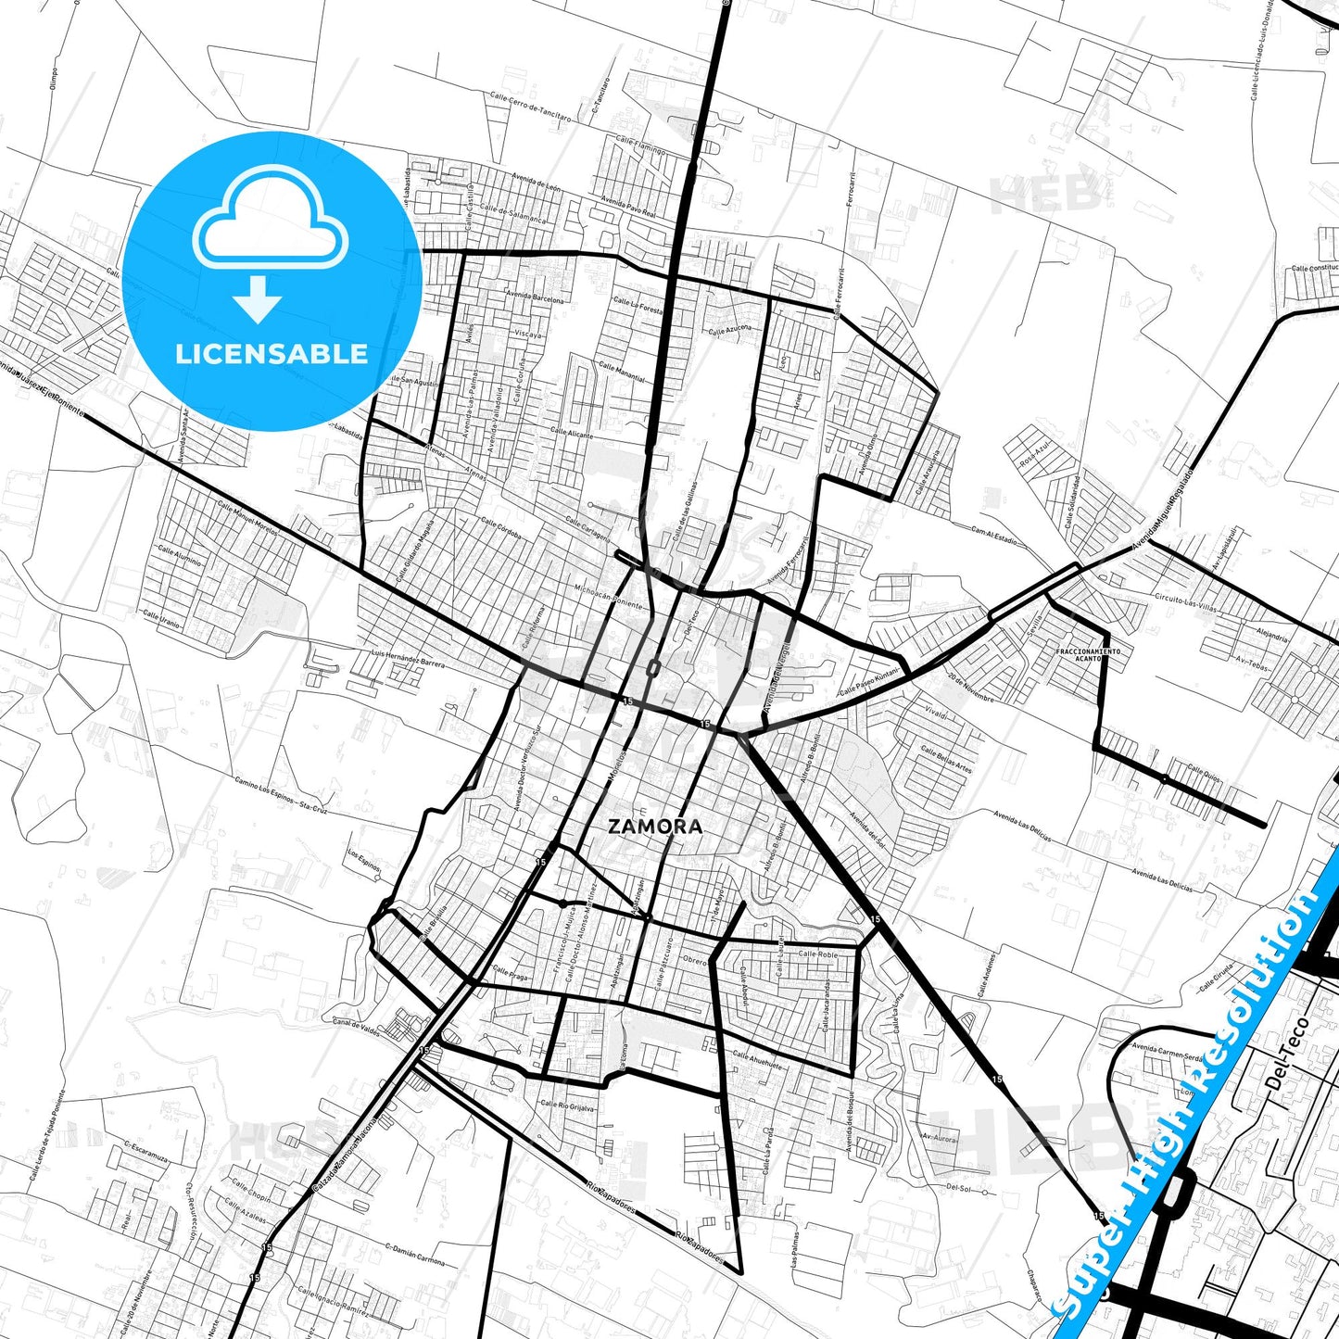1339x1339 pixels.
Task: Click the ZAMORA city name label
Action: click(655, 827)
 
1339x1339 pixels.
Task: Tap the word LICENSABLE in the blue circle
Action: click(272, 354)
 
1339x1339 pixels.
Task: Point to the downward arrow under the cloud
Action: click(258, 298)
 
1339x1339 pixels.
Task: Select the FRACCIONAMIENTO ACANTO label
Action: click(1088, 654)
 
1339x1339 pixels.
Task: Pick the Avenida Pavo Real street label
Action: click(627, 207)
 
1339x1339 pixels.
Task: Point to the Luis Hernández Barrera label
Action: click(407, 659)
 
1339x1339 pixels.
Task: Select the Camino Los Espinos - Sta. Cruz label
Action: click(281, 794)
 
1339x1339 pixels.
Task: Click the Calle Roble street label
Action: click(817, 954)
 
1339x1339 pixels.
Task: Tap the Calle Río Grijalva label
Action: click(567, 1105)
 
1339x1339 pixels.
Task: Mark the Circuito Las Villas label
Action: click(1185, 603)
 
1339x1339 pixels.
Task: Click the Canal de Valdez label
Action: click(350, 1027)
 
